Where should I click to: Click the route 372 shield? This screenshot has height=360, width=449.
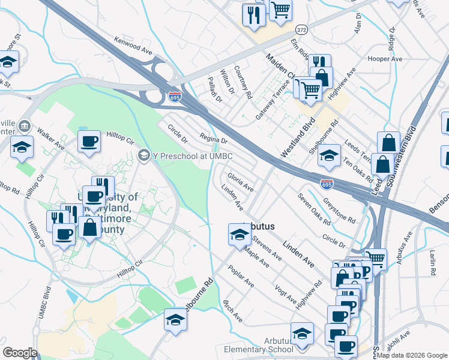tap(301, 29)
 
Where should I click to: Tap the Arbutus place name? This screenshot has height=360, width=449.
tap(258, 227)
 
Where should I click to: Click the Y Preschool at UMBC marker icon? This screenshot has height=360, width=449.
tap(143, 156)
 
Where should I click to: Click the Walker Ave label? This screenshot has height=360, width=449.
tap(50, 137)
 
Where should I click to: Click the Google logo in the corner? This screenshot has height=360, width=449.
tap(20, 353)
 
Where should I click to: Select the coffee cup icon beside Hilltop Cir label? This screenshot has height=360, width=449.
tap(89, 142)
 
